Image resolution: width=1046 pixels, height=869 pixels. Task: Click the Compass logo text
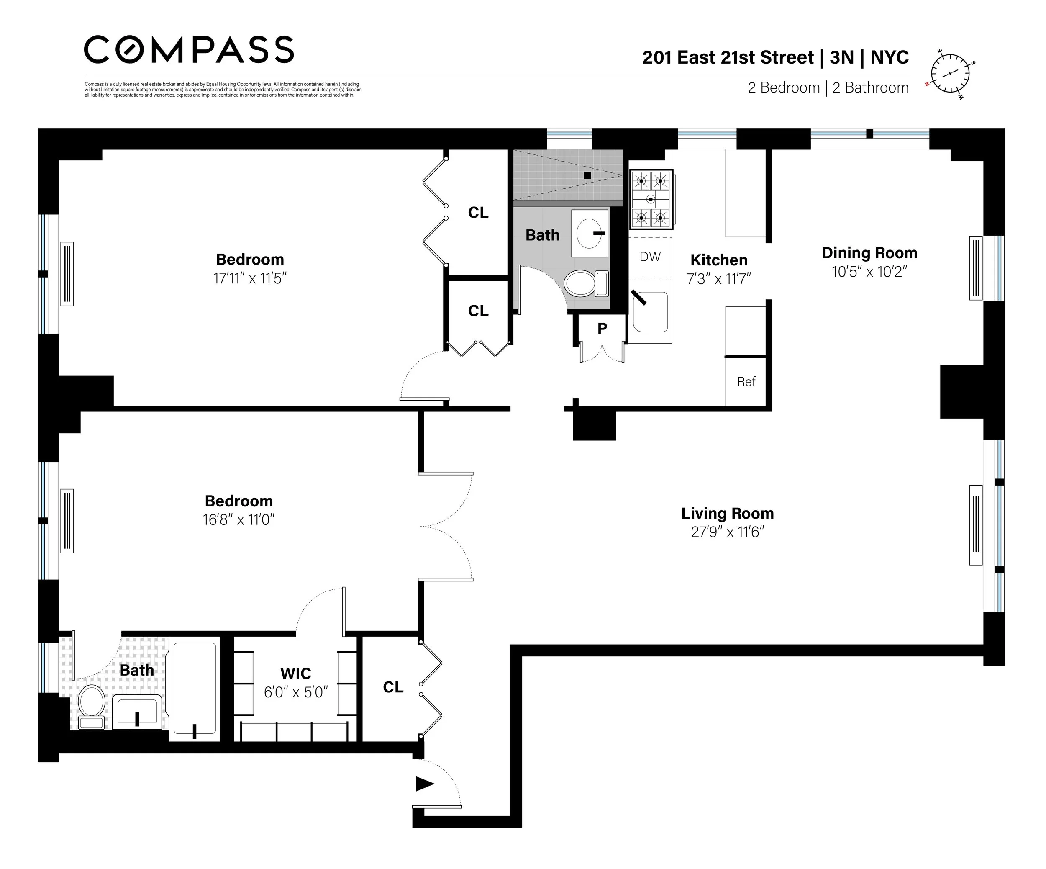tap(188, 49)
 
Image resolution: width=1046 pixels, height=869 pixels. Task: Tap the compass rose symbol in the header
tap(950, 74)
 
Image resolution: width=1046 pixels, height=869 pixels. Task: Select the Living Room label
tap(727, 513)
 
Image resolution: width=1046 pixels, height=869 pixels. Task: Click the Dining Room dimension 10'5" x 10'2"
tap(869, 272)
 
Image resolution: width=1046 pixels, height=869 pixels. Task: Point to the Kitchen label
tap(718, 260)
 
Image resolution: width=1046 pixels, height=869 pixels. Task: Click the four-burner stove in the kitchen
tap(651, 199)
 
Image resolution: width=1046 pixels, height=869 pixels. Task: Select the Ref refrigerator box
tap(746, 381)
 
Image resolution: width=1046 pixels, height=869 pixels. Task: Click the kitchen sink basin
tap(650, 312)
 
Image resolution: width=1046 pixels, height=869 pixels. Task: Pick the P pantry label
tap(602, 328)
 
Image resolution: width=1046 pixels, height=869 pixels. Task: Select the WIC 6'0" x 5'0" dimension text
tap(295, 692)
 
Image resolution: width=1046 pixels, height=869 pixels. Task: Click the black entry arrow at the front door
tap(424, 784)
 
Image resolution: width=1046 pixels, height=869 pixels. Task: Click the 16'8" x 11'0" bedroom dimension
tap(238, 520)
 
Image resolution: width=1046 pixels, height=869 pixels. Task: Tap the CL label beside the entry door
tap(392, 687)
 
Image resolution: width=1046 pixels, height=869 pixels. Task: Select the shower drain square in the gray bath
tap(587, 175)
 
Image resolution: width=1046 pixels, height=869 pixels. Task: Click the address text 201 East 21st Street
tap(728, 57)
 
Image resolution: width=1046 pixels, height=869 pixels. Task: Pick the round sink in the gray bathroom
tap(589, 233)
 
